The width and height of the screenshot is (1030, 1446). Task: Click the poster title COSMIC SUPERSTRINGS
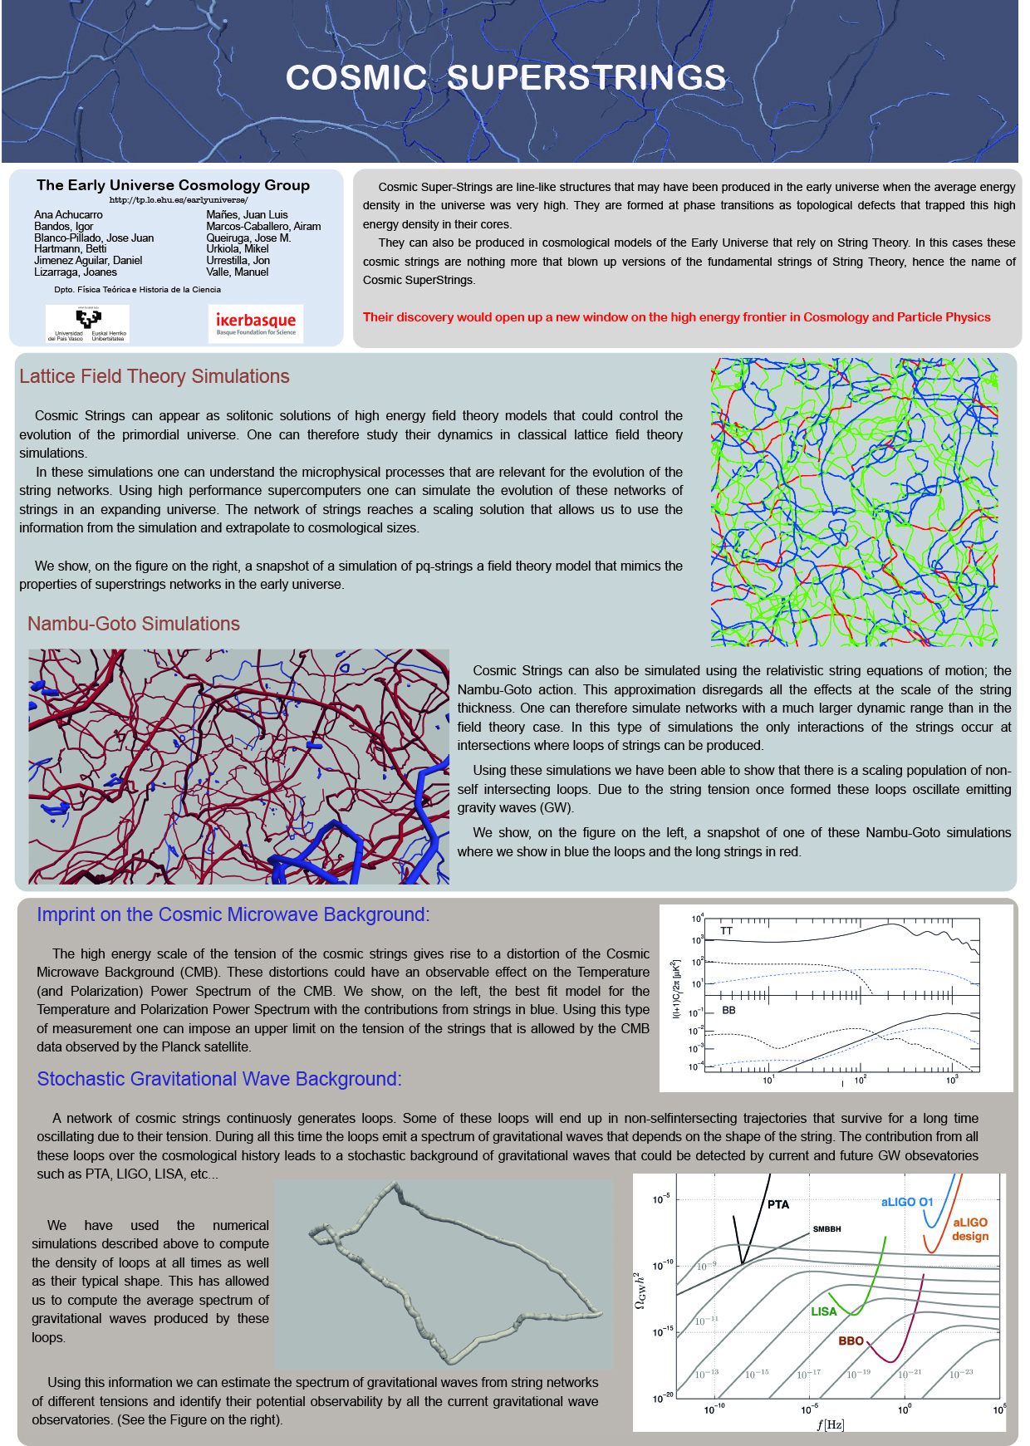[506, 77]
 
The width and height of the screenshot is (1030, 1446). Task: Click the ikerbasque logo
[256, 323]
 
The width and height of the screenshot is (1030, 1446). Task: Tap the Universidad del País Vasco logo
[87, 324]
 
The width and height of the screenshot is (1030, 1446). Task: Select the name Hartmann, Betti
[71, 248]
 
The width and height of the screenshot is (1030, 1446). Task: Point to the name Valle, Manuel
[238, 272]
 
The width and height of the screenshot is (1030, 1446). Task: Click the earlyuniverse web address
[179, 200]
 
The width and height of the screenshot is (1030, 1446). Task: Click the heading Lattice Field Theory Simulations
[154, 376]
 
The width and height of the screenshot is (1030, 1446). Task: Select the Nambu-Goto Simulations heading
[134, 624]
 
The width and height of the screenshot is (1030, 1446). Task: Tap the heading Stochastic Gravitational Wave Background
[219, 1079]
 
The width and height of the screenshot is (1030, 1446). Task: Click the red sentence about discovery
[676, 316]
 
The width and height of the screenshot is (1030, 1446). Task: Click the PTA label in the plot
[778, 1204]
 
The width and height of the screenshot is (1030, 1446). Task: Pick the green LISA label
[824, 1311]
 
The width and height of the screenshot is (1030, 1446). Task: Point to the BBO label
[851, 1341]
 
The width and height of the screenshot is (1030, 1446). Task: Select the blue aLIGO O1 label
[907, 1202]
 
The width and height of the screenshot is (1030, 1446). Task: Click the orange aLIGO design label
[970, 1229]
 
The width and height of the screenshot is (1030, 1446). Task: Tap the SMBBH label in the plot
[826, 1229]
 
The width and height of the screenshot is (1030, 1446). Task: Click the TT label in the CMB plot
[727, 931]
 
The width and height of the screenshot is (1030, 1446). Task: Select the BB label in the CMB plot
[728, 1010]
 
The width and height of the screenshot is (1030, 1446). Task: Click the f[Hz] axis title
[830, 1424]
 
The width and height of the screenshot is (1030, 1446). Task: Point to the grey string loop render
[444, 1273]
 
